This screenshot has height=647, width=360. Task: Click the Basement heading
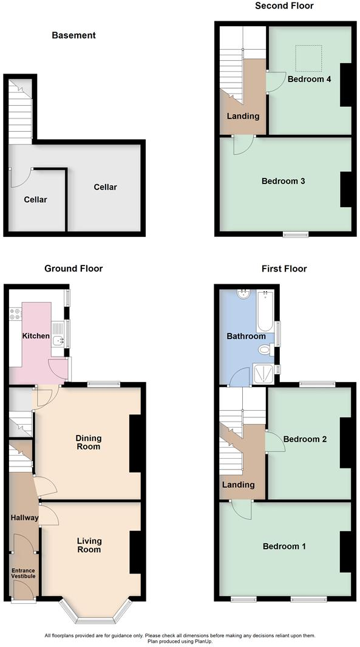73,35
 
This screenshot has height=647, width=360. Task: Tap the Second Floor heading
284,6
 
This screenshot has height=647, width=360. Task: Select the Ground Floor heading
73,269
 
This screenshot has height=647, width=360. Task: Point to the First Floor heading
284,269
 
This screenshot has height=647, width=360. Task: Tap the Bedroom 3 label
283,181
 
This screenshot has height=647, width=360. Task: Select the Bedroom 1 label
284,546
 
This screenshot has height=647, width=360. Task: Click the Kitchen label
36,336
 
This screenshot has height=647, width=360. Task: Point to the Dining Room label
88,442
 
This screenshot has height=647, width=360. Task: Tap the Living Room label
89,545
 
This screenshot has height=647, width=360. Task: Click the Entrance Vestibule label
25,574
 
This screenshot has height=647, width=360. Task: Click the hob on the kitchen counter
15,315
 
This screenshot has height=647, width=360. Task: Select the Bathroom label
246,336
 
